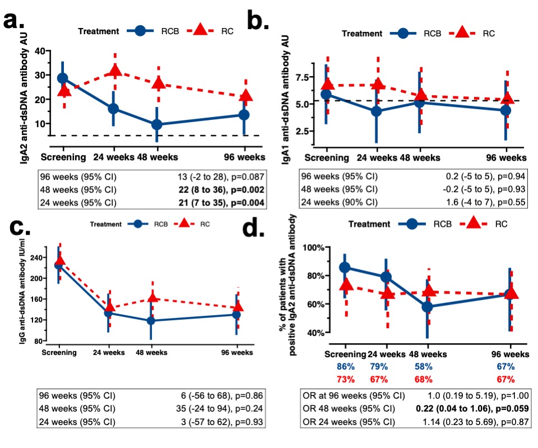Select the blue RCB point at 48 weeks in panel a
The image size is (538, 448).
[x=157, y=124]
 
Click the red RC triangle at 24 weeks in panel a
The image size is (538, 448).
[x=115, y=71]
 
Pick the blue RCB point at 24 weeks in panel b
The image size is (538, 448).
[x=377, y=111]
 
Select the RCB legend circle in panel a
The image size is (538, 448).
[x=143, y=32]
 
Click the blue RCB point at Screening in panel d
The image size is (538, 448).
[x=345, y=268]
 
